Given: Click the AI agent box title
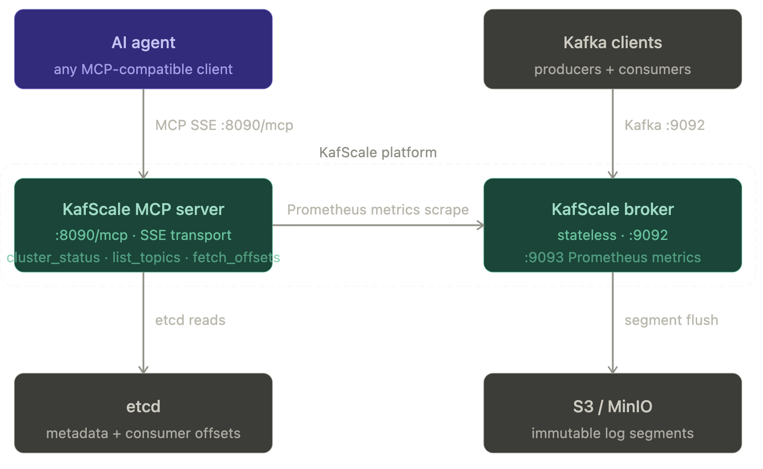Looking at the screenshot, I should (143, 43).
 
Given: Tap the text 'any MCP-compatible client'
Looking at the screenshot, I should (143, 69).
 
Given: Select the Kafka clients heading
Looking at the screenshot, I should (612, 43).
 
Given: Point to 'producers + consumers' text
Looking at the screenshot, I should (612, 69).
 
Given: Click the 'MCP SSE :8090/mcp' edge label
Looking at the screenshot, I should (224, 125).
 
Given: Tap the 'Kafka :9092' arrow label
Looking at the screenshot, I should (664, 125).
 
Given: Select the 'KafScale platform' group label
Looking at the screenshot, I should (377, 152).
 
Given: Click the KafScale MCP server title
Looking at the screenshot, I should (143, 209).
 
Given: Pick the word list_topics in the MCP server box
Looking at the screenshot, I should (146, 257).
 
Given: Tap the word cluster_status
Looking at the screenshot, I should (53, 257).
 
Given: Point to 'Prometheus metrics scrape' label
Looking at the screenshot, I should (377, 210).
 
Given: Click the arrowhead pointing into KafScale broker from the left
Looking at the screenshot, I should (481, 225).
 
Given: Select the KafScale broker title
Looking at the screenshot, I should (612, 209).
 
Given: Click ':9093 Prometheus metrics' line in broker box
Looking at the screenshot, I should (612, 257).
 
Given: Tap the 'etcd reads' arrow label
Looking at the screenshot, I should (190, 320).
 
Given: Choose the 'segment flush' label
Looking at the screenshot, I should (671, 320).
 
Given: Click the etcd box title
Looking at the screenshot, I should (143, 406).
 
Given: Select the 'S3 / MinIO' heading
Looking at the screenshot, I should (612, 406).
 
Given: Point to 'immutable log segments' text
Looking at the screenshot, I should (612, 433).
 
